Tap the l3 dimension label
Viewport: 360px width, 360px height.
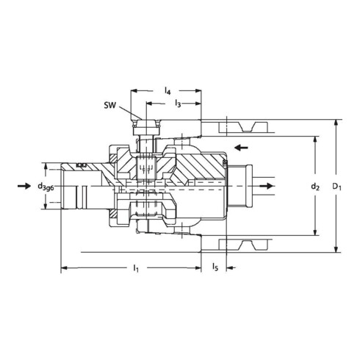point(178,106)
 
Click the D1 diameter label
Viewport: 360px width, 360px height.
point(336,187)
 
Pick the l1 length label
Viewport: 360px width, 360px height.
point(136,271)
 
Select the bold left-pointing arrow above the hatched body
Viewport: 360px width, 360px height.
point(240,147)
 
